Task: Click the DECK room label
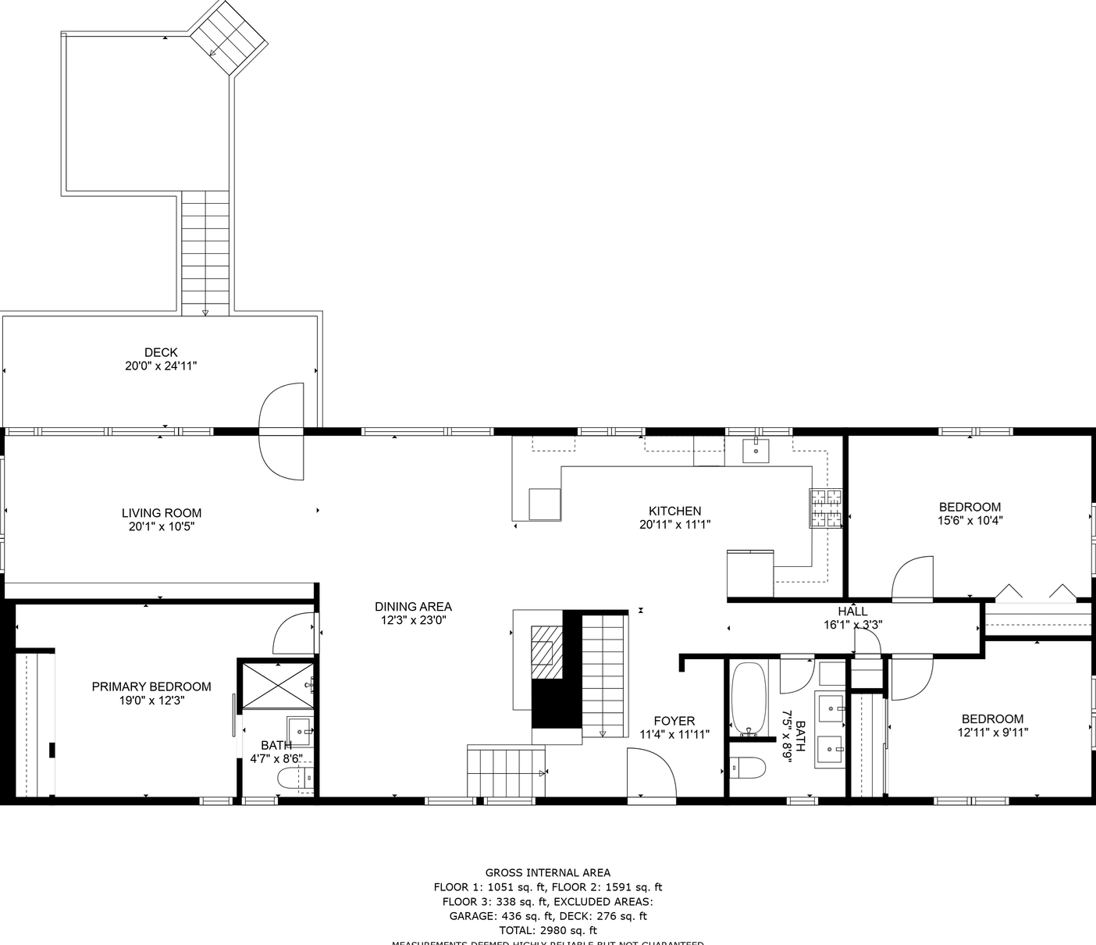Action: [x=161, y=352]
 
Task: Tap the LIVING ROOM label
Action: [x=162, y=513]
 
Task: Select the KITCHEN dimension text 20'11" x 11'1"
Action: [x=675, y=525]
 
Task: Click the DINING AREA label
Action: [x=413, y=607]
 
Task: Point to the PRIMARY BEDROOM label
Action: [x=151, y=686]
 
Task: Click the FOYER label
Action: [x=674, y=721]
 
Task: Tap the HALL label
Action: [x=852, y=612]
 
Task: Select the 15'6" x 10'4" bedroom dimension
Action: [x=970, y=520]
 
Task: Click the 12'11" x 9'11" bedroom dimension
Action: [x=992, y=733]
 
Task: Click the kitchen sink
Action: [x=756, y=451]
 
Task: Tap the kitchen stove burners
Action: [x=826, y=508]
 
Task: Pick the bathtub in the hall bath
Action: [x=749, y=699]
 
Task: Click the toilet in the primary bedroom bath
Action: [x=296, y=778]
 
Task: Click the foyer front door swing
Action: [x=652, y=773]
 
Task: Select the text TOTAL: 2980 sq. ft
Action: [x=548, y=930]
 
